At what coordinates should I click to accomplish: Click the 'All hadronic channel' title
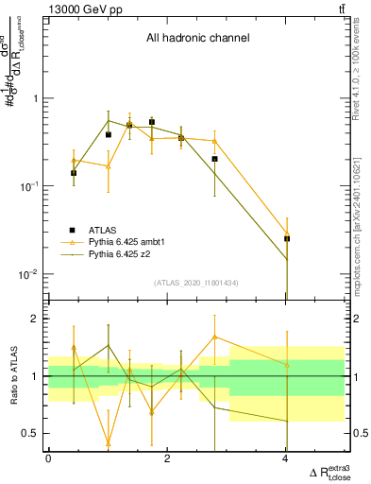pyautogui.click(x=197, y=39)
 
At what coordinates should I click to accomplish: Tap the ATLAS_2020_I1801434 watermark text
pyautogui.click(x=197, y=283)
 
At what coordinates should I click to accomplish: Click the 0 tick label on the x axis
pyautogui.click(x=48, y=458)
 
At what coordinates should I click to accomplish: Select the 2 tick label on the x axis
pyautogui.click(x=167, y=458)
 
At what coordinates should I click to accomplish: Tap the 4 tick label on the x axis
pyautogui.click(x=286, y=458)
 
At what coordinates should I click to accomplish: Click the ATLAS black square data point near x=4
pyautogui.click(x=287, y=239)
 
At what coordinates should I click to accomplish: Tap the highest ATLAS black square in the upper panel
pyautogui.click(x=152, y=122)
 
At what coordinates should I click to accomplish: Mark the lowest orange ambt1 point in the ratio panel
pyautogui.click(x=109, y=442)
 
